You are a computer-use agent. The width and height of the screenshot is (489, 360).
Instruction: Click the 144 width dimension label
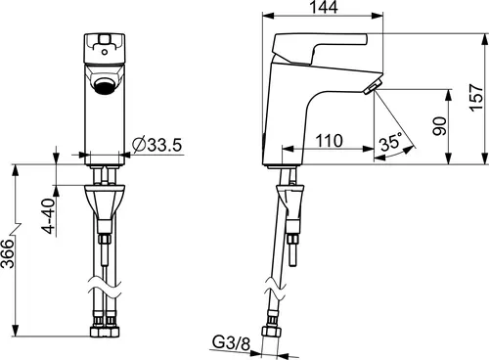click(324, 7)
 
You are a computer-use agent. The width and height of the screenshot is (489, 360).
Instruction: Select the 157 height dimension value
click(476, 98)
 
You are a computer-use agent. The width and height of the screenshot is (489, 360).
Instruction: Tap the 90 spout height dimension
click(439, 126)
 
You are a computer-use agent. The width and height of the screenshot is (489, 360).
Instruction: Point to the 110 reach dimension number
click(330, 141)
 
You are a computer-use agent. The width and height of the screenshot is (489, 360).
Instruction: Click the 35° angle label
click(390, 142)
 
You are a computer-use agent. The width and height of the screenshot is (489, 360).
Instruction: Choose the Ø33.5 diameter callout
click(156, 145)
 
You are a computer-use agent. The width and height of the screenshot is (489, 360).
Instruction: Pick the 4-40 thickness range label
click(49, 216)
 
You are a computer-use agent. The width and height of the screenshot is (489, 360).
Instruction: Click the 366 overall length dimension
click(8, 253)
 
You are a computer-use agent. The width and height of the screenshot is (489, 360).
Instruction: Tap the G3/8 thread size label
click(232, 342)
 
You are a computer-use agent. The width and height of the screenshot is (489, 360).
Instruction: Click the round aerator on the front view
click(105, 86)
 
